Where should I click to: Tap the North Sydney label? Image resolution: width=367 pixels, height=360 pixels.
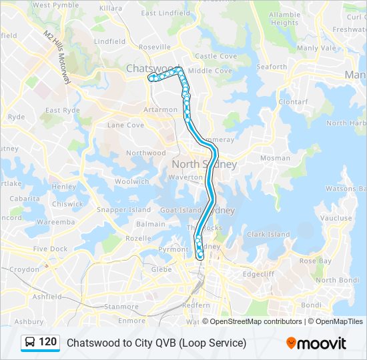point(204,164)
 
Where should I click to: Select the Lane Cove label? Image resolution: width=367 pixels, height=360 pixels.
point(125,125)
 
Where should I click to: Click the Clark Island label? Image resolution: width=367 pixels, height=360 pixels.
point(268,234)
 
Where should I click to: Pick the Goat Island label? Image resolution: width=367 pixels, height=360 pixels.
point(180,209)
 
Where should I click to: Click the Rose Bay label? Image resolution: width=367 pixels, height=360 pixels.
point(316,261)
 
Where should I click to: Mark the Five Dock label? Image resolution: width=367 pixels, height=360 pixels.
point(50,249)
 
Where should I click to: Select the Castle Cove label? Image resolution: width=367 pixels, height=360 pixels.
point(216,56)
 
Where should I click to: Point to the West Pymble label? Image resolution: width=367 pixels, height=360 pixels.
point(50,5)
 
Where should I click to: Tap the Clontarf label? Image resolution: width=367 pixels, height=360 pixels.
point(293,102)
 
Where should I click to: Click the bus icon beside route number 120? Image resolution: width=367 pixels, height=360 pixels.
point(30,343)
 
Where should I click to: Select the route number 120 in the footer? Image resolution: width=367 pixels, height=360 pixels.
point(47,342)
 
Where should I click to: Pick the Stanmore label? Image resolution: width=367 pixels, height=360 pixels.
point(121,307)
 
